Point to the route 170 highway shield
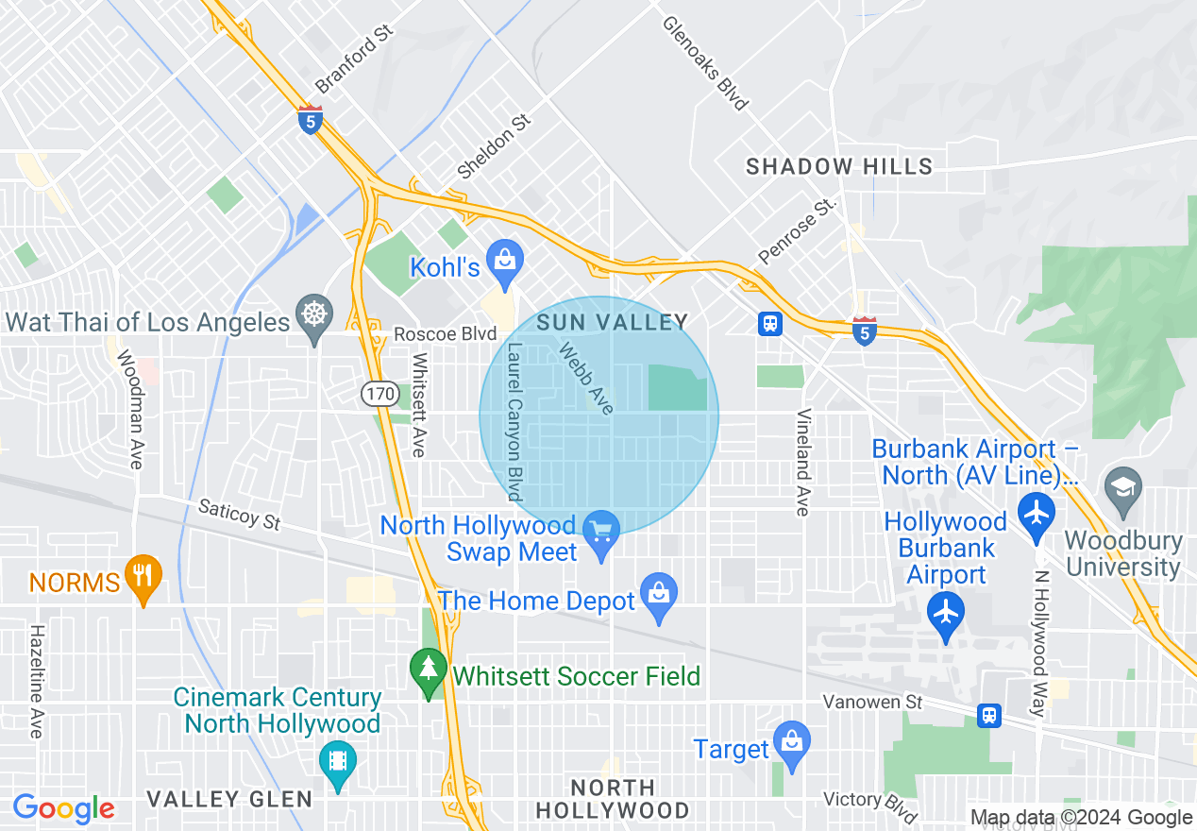(380, 393)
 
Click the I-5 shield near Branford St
(310, 120)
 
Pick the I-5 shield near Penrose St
(864, 331)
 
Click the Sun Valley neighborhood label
(612, 322)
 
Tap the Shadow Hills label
(838, 167)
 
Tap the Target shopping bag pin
(791, 742)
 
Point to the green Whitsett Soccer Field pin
(429, 670)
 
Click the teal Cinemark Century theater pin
(336, 761)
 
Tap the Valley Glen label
(229, 800)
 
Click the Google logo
(64, 808)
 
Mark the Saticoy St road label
(239, 515)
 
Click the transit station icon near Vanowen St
(988, 715)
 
